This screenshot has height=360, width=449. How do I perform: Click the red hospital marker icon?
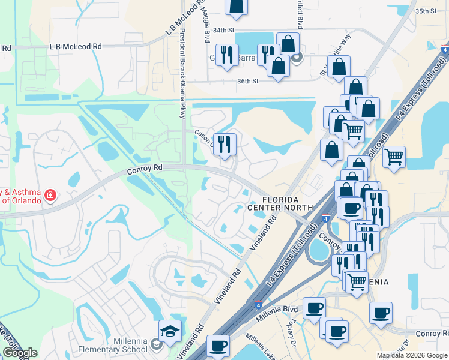(50, 195)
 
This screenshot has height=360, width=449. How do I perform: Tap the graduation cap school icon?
(170, 331)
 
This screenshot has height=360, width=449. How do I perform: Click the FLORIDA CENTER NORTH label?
(280, 203)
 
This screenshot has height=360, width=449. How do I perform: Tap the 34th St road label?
(222, 30)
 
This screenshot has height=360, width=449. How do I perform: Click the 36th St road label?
(247, 81)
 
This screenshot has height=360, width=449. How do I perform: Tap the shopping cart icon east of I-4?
(394, 157)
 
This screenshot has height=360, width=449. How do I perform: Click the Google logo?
(20, 353)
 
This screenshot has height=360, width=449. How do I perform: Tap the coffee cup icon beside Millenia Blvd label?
(314, 308)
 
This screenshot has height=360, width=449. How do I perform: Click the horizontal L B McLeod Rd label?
(76, 46)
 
